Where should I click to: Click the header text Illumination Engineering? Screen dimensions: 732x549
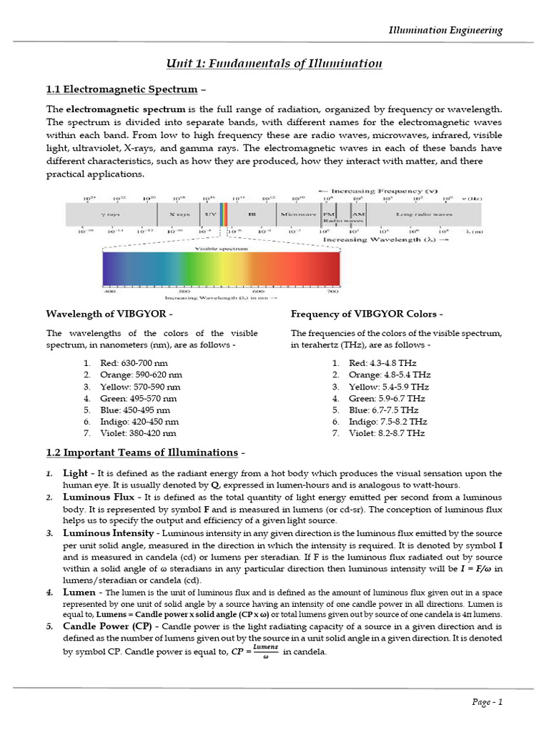[445, 30]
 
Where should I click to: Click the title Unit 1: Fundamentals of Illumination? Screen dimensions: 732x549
[274, 64]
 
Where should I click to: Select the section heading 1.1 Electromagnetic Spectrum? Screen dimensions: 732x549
[122, 89]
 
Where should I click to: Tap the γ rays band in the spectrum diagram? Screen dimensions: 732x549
[110, 214]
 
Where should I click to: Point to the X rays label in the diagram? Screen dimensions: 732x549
[179, 214]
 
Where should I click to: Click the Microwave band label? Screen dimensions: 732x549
[298, 214]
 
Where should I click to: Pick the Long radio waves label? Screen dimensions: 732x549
[424, 214]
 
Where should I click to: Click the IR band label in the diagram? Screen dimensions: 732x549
[252, 214]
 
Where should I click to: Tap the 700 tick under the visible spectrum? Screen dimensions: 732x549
[332, 292]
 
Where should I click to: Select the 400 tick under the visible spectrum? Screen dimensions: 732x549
[110, 292]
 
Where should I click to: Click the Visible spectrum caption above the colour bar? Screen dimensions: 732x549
[221, 249]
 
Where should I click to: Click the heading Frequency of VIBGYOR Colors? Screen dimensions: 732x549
[367, 315]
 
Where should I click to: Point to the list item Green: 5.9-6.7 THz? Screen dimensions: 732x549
[387, 398]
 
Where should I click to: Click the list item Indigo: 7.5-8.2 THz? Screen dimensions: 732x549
[388, 422]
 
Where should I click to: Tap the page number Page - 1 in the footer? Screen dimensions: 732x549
[488, 701]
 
